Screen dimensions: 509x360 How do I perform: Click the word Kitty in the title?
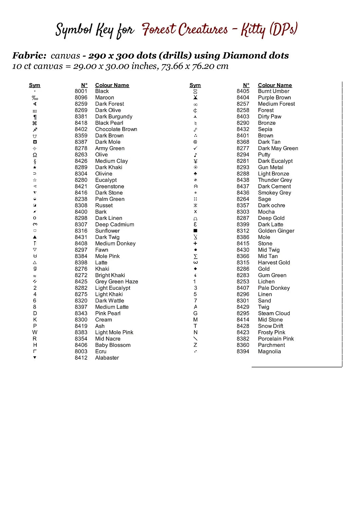[x=253, y=30]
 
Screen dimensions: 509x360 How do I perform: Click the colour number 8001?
[x=81, y=91]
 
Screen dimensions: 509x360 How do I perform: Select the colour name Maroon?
[x=105, y=97]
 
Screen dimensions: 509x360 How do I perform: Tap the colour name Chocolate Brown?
[x=116, y=129]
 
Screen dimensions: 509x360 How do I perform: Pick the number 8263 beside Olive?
[x=81, y=155]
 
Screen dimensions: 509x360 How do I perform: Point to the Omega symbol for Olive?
[x=35, y=155]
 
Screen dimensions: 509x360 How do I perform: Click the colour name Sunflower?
[x=107, y=231]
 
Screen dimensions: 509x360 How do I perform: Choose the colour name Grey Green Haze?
[x=116, y=282]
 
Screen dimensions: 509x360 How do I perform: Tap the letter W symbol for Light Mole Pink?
[x=35, y=333]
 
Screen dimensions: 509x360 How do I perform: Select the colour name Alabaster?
[x=107, y=358]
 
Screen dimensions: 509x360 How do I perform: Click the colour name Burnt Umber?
[x=274, y=91]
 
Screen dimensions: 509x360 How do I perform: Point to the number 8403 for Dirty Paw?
[x=243, y=116]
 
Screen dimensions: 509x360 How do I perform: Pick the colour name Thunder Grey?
[x=275, y=180]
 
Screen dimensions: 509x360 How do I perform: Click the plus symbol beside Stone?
[x=195, y=244]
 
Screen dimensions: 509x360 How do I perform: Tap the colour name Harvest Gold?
[x=274, y=263]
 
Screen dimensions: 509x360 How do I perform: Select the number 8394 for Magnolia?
[x=243, y=352]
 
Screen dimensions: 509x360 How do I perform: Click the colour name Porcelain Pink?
[x=276, y=339]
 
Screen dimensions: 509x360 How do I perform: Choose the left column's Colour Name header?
[x=112, y=85]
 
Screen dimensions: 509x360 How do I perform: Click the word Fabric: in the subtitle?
[x=29, y=56]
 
